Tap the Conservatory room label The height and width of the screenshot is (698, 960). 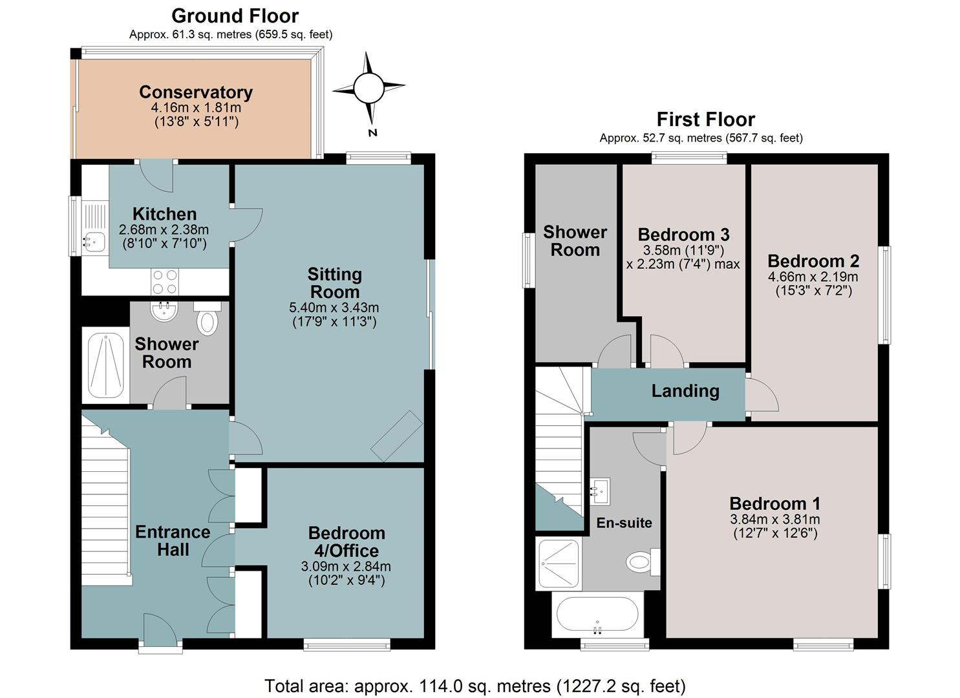[x=196, y=92]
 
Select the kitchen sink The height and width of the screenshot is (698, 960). [x=94, y=242]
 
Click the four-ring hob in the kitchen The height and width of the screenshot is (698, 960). [x=165, y=282]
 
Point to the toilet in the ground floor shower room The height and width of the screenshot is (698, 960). [x=208, y=318]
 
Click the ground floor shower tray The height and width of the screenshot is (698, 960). [x=105, y=366]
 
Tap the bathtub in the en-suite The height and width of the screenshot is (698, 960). [x=597, y=614]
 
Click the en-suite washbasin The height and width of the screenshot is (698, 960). [x=600, y=491]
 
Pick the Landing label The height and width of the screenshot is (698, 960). [x=685, y=391]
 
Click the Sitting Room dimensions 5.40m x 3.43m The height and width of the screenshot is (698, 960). [x=334, y=307]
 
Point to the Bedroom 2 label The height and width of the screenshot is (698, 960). [x=813, y=261]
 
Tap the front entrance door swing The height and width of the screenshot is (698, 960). [x=160, y=629]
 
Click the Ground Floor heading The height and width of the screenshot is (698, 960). [x=235, y=16]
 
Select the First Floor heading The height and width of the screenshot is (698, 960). [x=706, y=119]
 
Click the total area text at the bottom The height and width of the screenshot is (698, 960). [x=475, y=686]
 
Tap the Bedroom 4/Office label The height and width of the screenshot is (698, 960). [x=347, y=542]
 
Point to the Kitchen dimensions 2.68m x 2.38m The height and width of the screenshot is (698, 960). [x=164, y=229]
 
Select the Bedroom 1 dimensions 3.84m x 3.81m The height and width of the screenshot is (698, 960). [x=775, y=520]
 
